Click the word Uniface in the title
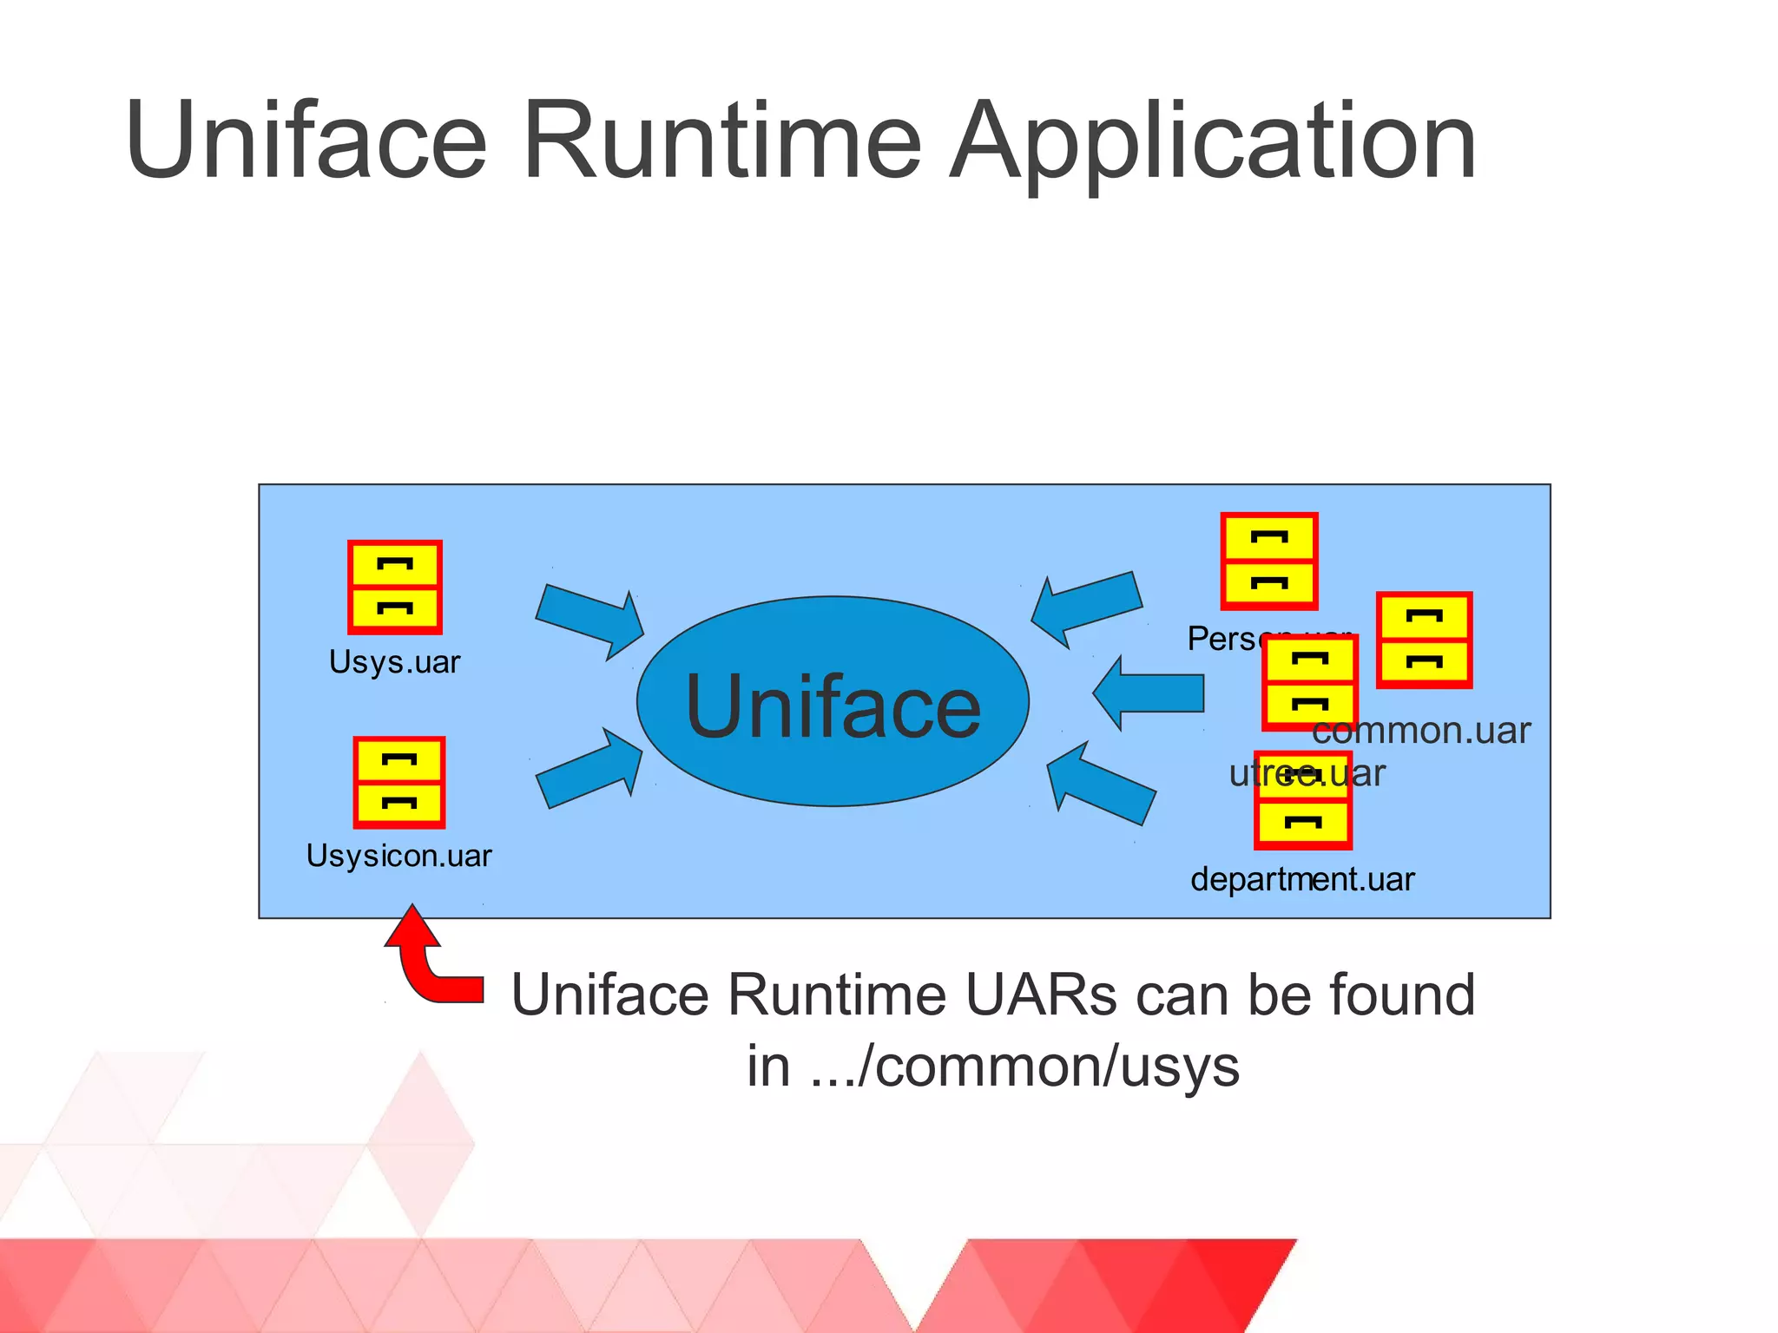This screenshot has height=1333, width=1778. (x=306, y=140)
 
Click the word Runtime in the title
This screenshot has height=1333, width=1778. (x=721, y=140)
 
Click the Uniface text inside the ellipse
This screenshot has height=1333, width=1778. (x=833, y=706)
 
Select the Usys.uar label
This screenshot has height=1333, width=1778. (x=394, y=662)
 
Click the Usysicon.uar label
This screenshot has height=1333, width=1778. (x=398, y=856)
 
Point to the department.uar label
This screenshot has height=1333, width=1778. (x=1302, y=879)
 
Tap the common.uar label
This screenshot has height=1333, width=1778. (x=1421, y=731)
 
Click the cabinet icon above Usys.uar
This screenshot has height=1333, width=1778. (x=395, y=588)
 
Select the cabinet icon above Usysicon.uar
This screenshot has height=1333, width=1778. (x=399, y=783)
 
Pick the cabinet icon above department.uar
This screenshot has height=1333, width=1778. (x=1303, y=811)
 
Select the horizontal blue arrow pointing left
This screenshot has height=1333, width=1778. (x=1148, y=693)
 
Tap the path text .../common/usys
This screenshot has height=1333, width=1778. (x=1024, y=1067)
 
